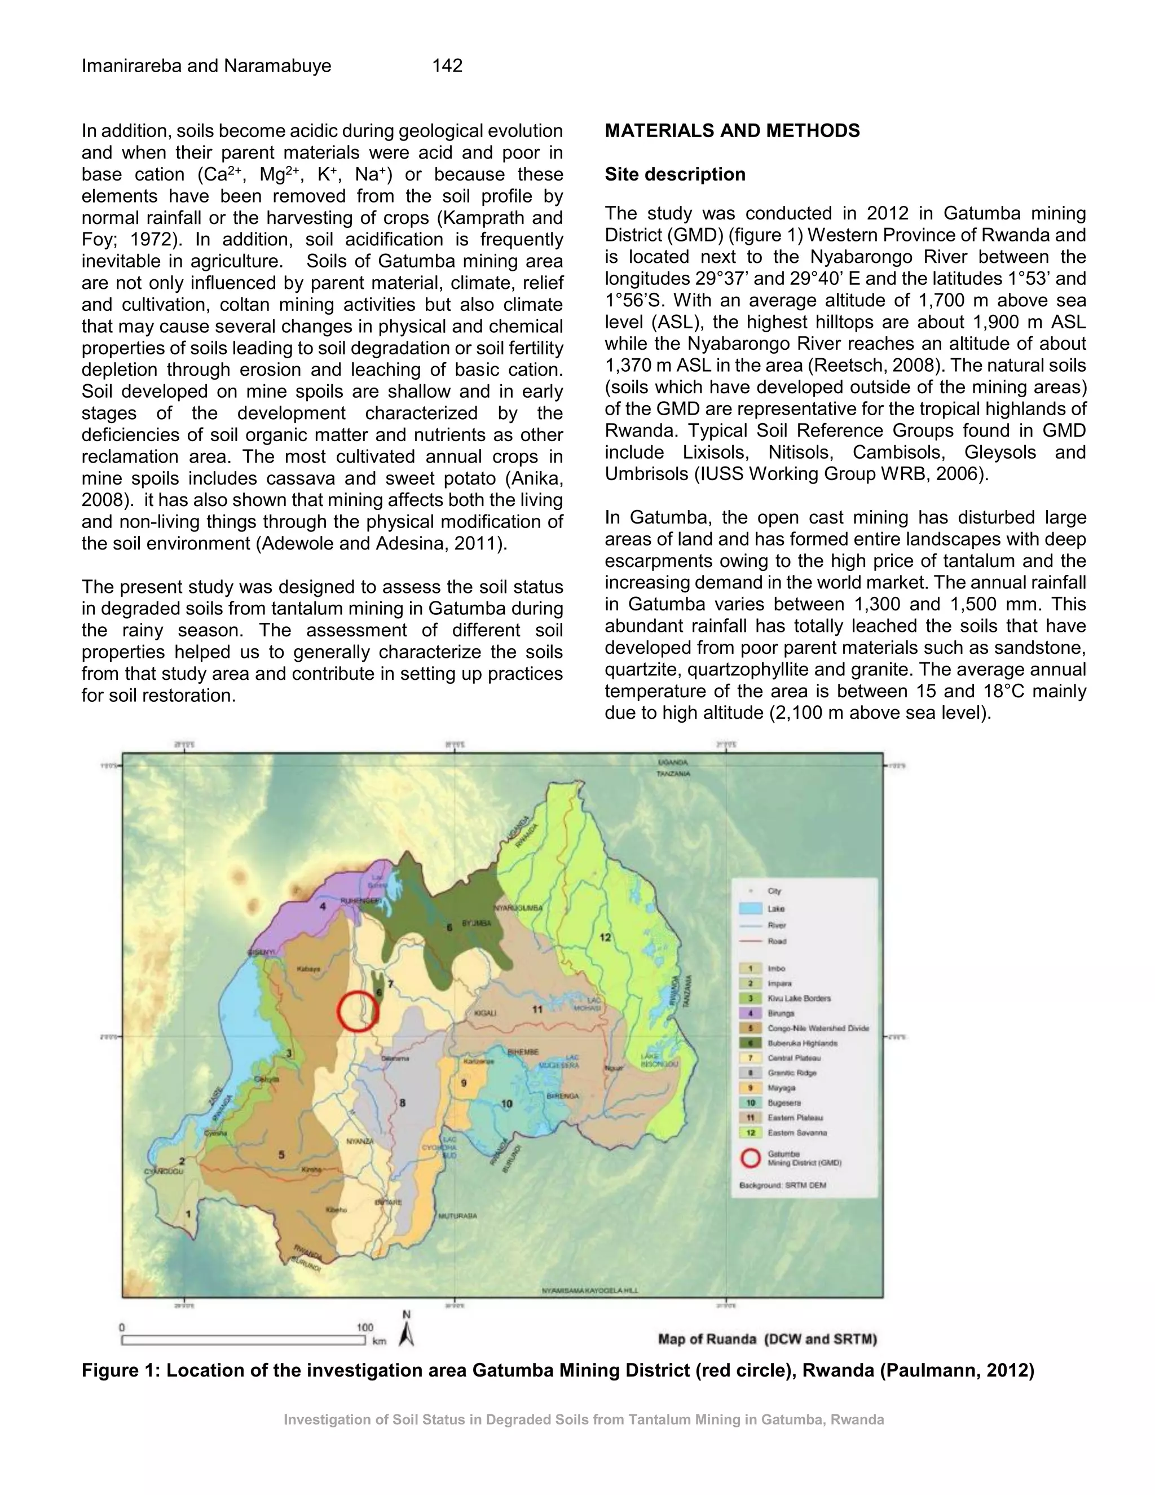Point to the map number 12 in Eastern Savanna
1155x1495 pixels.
(606, 937)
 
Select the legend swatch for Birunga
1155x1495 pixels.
(751, 1013)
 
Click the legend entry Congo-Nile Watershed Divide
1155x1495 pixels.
(818, 1028)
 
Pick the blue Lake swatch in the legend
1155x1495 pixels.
(751, 908)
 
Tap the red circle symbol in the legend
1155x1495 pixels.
(751, 1158)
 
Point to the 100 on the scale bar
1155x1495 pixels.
(365, 1327)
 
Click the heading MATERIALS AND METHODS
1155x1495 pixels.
(731, 131)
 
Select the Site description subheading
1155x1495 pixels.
(675, 174)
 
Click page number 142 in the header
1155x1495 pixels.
(447, 65)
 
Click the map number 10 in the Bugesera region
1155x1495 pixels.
(506, 1103)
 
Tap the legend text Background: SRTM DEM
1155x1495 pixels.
(783, 1185)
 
